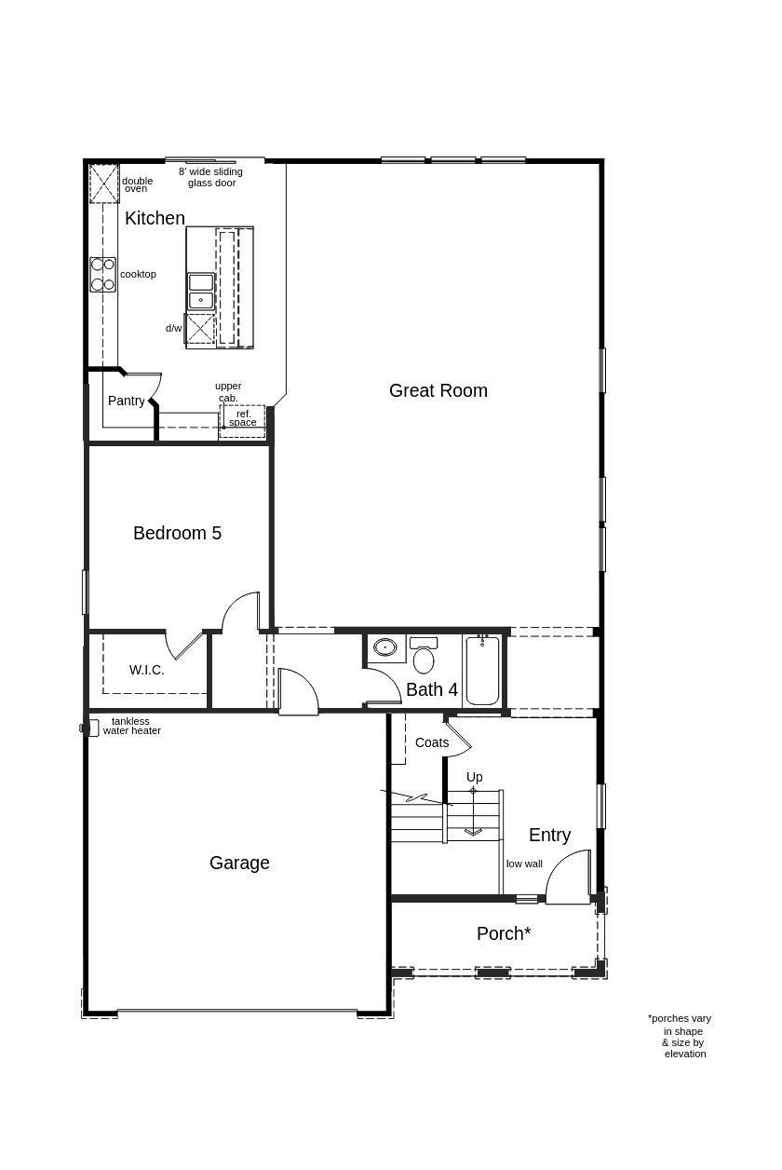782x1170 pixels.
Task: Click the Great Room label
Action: point(438,390)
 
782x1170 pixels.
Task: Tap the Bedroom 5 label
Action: point(177,533)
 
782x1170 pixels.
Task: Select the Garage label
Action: point(239,863)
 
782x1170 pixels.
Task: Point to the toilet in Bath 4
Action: point(424,655)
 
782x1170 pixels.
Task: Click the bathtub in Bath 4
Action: point(482,671)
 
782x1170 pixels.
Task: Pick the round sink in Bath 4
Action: point(385,648)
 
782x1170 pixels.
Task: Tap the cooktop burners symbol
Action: point(102,275)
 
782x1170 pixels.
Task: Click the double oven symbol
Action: point(104,184)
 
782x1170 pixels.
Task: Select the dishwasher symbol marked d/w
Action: point(199,330)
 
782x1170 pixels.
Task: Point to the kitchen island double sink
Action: point(201,292)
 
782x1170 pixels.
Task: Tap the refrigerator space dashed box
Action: point(242,421)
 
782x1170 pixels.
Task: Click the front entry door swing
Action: point(568,877)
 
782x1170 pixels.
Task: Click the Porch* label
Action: point(504,933)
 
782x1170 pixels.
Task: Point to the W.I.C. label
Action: point(147,670)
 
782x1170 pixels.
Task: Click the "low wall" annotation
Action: point(524,864)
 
